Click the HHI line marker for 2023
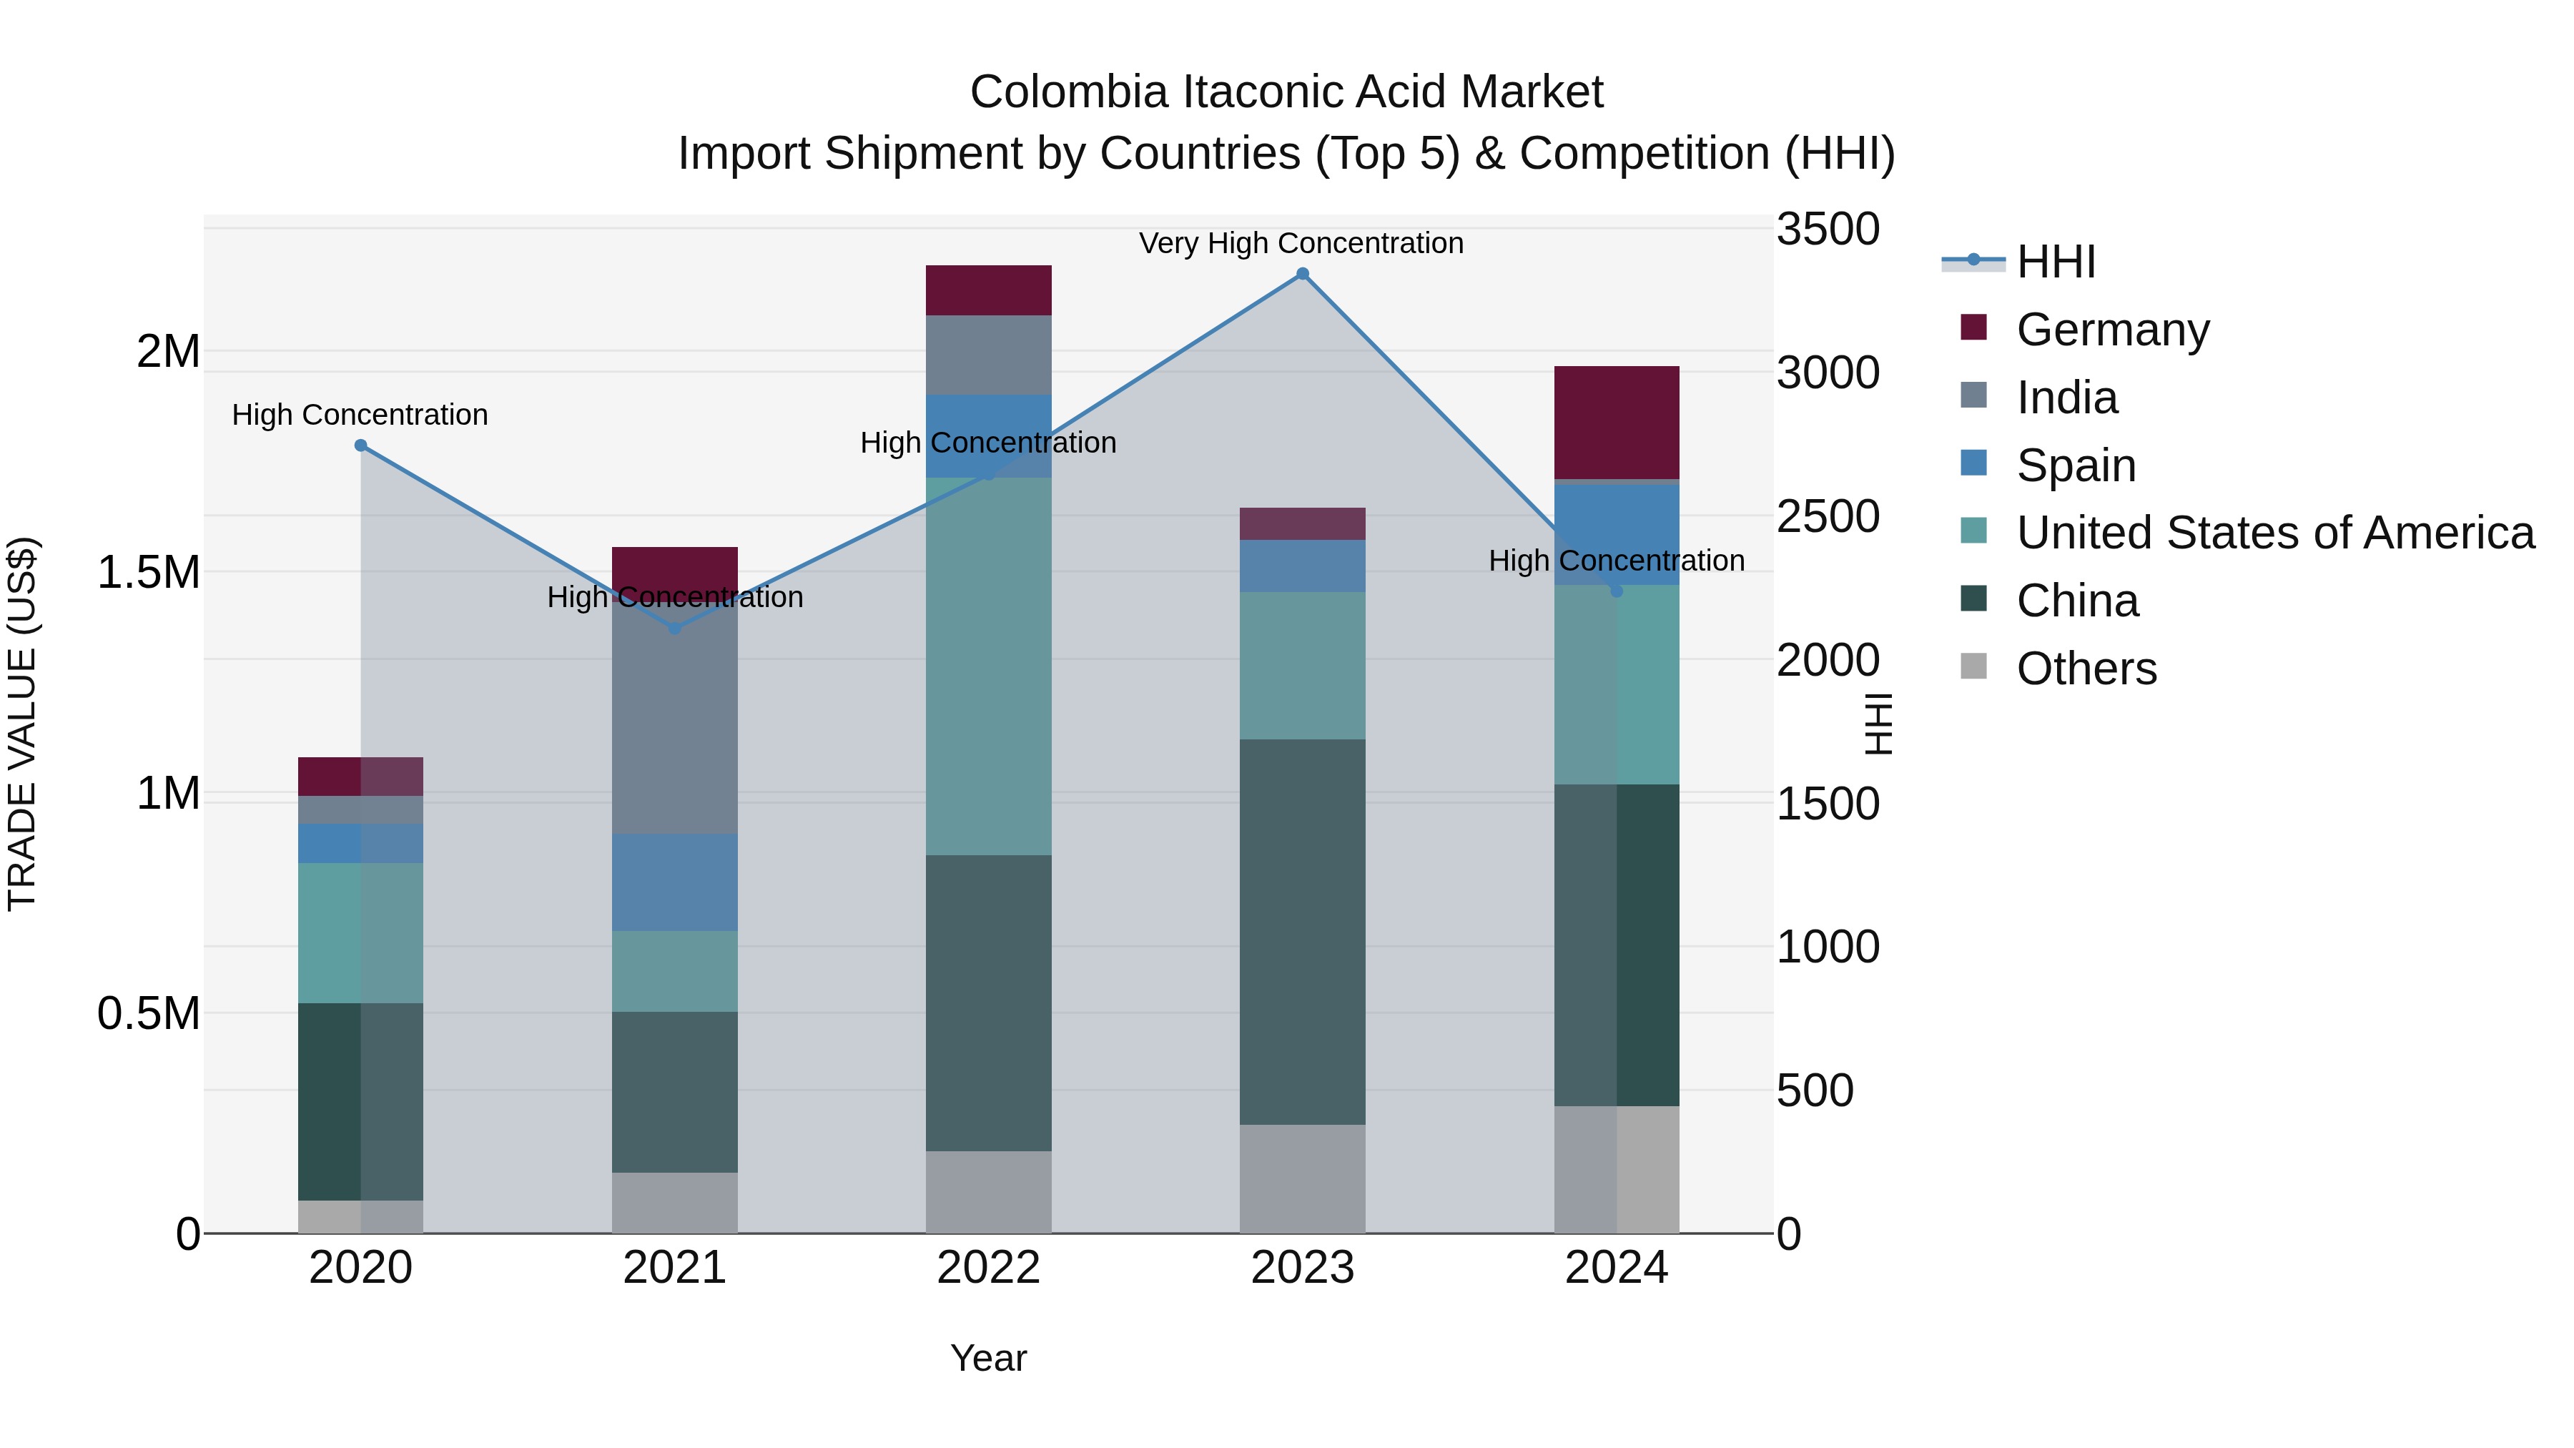(1302, 274)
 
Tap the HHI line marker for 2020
(361, 445)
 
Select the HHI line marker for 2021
(674, 629)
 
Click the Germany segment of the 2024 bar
(1616, 423)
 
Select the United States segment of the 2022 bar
(988, 666)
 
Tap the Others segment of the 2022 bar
(988, 1191)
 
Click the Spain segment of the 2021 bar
(674, 882)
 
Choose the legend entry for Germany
(2111, 330)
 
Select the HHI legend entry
(2054, 262)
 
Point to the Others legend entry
(2086, 669)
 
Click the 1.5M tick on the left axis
(148, 573)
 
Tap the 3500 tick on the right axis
(1828, 229)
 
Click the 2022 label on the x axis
(988, 1268)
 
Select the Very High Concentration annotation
(1301, 243)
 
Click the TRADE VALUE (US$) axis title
(22, 724)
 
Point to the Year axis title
(988, 1358)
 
